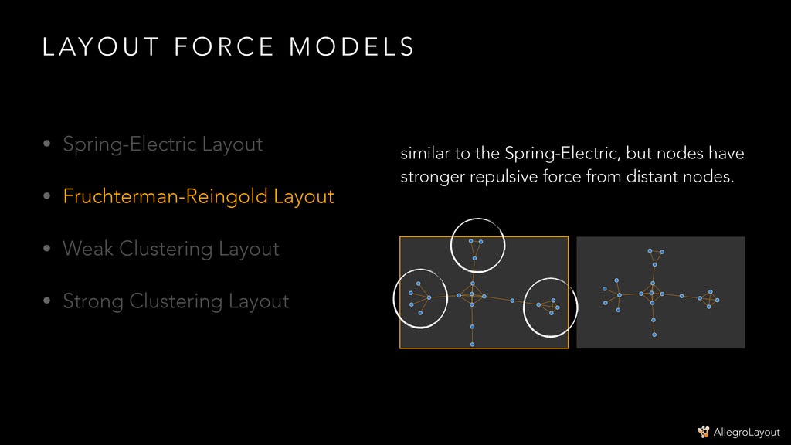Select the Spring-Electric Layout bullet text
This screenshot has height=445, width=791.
point(162,144)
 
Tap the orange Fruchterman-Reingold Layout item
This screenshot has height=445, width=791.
point(198,196)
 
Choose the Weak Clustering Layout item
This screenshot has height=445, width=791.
point(171,249)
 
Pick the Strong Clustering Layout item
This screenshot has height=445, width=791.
point(175,301)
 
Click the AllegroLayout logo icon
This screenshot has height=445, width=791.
point(703,431)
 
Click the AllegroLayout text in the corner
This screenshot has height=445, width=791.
point(746,432)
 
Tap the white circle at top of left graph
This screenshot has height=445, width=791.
point(477,245)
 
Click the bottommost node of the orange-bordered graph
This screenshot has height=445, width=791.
point(472,344)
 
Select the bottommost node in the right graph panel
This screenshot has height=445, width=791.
point(654,335)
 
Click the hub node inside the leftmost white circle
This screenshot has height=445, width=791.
point(429,297)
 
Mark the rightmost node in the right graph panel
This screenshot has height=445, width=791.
point(718,300)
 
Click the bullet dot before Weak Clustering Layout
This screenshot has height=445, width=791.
point(47,250)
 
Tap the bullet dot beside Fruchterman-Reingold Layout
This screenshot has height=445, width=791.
point(47,197)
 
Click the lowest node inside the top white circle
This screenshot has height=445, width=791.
point(475,258)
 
